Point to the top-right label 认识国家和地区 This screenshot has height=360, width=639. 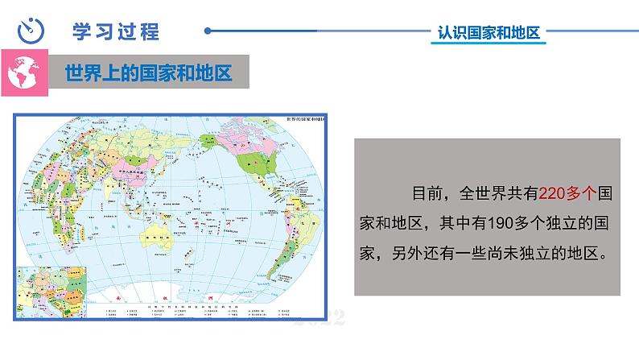coord(487,33)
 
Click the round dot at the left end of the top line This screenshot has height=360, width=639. coord(208,32)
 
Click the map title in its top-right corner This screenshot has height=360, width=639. coord(304,120)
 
